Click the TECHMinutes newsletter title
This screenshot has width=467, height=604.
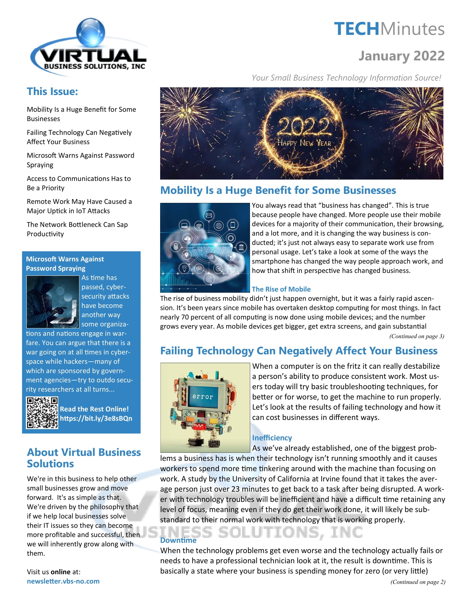389,29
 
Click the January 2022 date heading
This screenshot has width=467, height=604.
401,56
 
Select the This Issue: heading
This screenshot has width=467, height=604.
52,91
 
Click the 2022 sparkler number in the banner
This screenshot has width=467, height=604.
304,126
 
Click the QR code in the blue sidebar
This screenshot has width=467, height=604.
42,413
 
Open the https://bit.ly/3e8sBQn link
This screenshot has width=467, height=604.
96,418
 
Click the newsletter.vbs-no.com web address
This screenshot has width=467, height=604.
63,581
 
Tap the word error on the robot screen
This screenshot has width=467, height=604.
203,397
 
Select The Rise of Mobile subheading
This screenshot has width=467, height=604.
281,289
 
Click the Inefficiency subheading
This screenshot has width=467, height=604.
272,438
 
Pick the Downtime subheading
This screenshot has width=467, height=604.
178,540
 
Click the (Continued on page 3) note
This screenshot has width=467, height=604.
416,336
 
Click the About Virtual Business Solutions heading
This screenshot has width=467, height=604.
84,458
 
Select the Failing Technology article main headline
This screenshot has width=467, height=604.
299,351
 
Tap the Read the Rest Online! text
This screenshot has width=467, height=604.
94,409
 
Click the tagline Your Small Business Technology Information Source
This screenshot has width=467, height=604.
346,78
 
